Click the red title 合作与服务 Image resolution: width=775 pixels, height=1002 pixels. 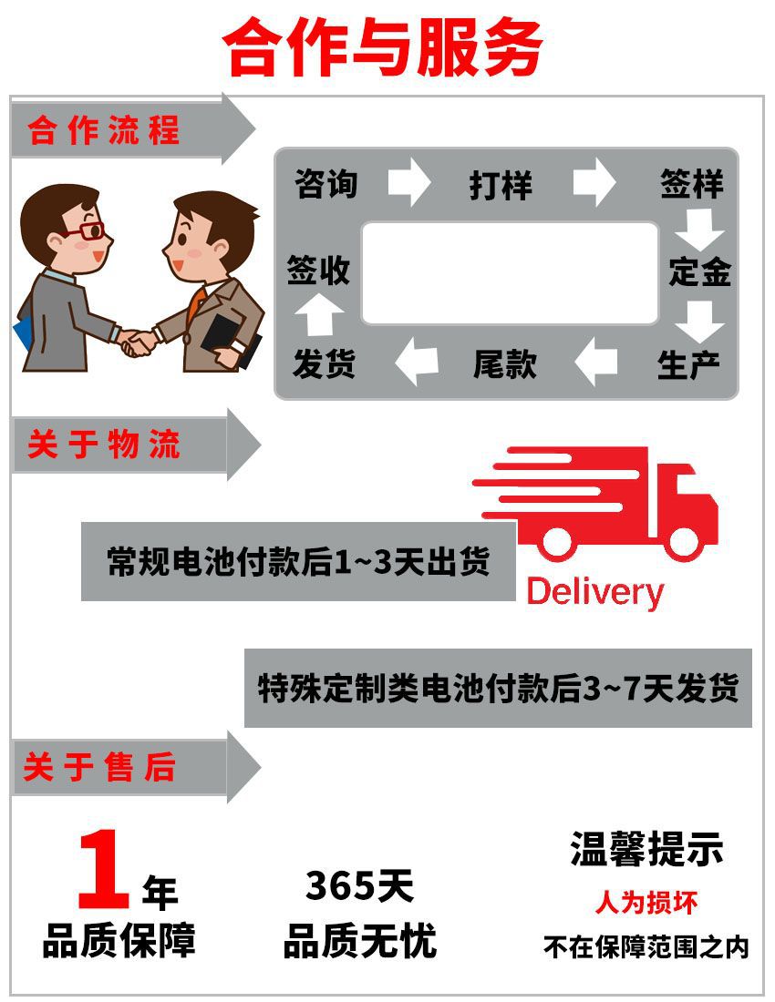tap(384, 48)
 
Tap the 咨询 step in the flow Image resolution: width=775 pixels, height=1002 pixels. tap(326, 184)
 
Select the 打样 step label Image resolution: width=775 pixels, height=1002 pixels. tap(501, 185)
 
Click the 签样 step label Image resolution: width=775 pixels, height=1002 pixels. tap(692, 184)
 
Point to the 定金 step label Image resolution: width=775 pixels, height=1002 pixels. tap(699, 271)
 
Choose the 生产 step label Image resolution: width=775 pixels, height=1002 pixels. tap(688, 364)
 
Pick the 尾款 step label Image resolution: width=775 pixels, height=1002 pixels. tap(505, 364)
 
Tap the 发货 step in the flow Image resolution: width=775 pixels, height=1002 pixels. tap(324, 364)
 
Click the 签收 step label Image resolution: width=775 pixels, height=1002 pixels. tap(318, 271)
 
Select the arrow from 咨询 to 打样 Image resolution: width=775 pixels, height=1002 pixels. tap(408, 181)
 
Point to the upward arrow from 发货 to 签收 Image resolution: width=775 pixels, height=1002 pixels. tap(318, 315)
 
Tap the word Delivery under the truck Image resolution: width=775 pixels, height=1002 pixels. tap(594, 592)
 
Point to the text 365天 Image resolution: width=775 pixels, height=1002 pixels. tap(359, 885)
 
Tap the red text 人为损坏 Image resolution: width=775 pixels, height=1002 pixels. tap(646, 903)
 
